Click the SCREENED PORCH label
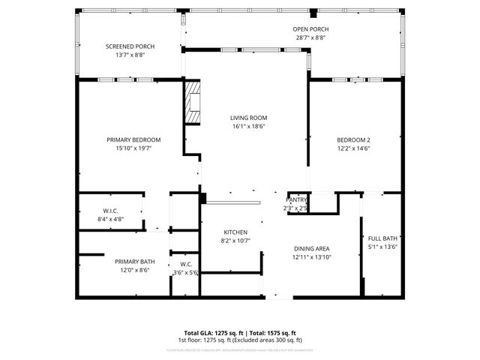[x=130, y=46]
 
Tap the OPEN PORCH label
[x=310, y=29]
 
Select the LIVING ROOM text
[x=248, y=118]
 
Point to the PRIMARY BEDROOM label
[x=133, y=139]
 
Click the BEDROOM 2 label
[x=354, y=139]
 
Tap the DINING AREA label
[x=311, y=248]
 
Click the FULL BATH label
[x=382, y=238]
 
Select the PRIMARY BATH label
[x=135, y=261]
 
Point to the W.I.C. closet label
[x=111, y=211]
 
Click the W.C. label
[x=185, y=264]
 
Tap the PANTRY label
[x=297, y=200]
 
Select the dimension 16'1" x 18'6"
[x=248, y=127]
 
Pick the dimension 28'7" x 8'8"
[x=310, y=38]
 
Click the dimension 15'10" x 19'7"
[x=133, y=148]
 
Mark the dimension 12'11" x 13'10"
[x=311, y=257]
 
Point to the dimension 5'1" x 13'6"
[x=382, y=247]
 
